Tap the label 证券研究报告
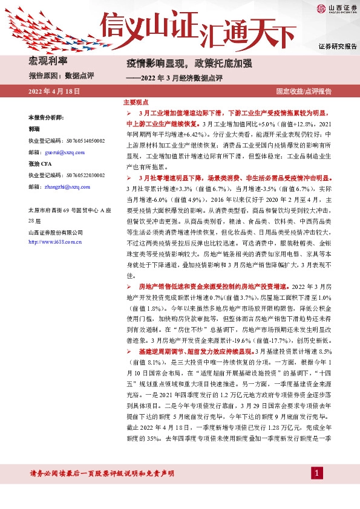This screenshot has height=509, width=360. [x=337, y=47]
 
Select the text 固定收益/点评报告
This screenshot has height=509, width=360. [x=304, y=91]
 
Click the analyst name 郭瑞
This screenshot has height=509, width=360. [x=34, y=129]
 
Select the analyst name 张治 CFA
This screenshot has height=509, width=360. [x=39, y=163]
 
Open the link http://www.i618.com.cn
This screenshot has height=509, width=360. [x=56, y=242]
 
